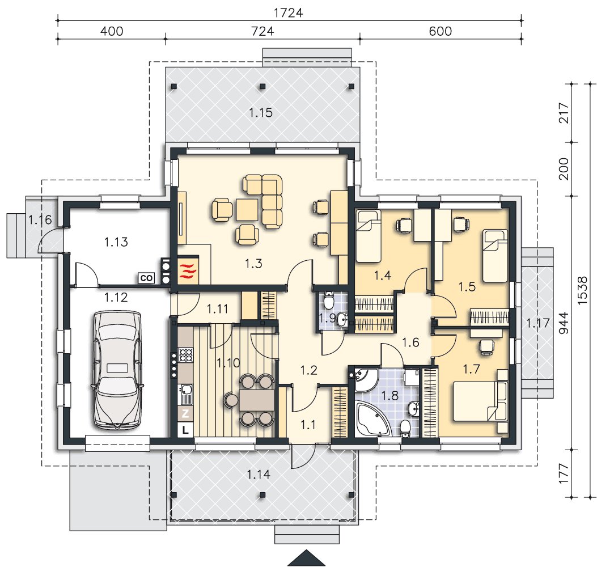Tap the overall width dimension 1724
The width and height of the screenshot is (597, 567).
[288, 13]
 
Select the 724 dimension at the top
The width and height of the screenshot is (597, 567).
[262, 31]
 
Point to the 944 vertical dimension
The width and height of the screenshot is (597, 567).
[563, 323]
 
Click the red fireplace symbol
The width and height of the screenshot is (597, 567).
[188, 269]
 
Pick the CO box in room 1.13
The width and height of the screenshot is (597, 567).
[146, 278]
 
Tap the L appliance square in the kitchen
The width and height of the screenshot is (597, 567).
[185, 430]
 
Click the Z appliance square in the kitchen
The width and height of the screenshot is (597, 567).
[185, 413]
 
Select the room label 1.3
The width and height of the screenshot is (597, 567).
[253, 264]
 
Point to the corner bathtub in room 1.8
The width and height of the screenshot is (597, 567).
[372, 419]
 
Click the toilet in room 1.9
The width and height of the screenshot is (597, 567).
[329, 300]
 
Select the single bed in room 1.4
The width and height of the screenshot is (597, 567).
[368, 236]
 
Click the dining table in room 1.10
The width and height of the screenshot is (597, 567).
[256, 400]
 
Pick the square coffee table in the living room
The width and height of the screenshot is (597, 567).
[247, 210]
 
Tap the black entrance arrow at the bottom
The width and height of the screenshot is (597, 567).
[306, 558]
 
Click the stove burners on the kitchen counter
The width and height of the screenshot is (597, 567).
[186, 355]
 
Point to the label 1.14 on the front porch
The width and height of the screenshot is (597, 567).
[259, 475]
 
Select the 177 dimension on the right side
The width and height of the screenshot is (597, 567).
[563, 473]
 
